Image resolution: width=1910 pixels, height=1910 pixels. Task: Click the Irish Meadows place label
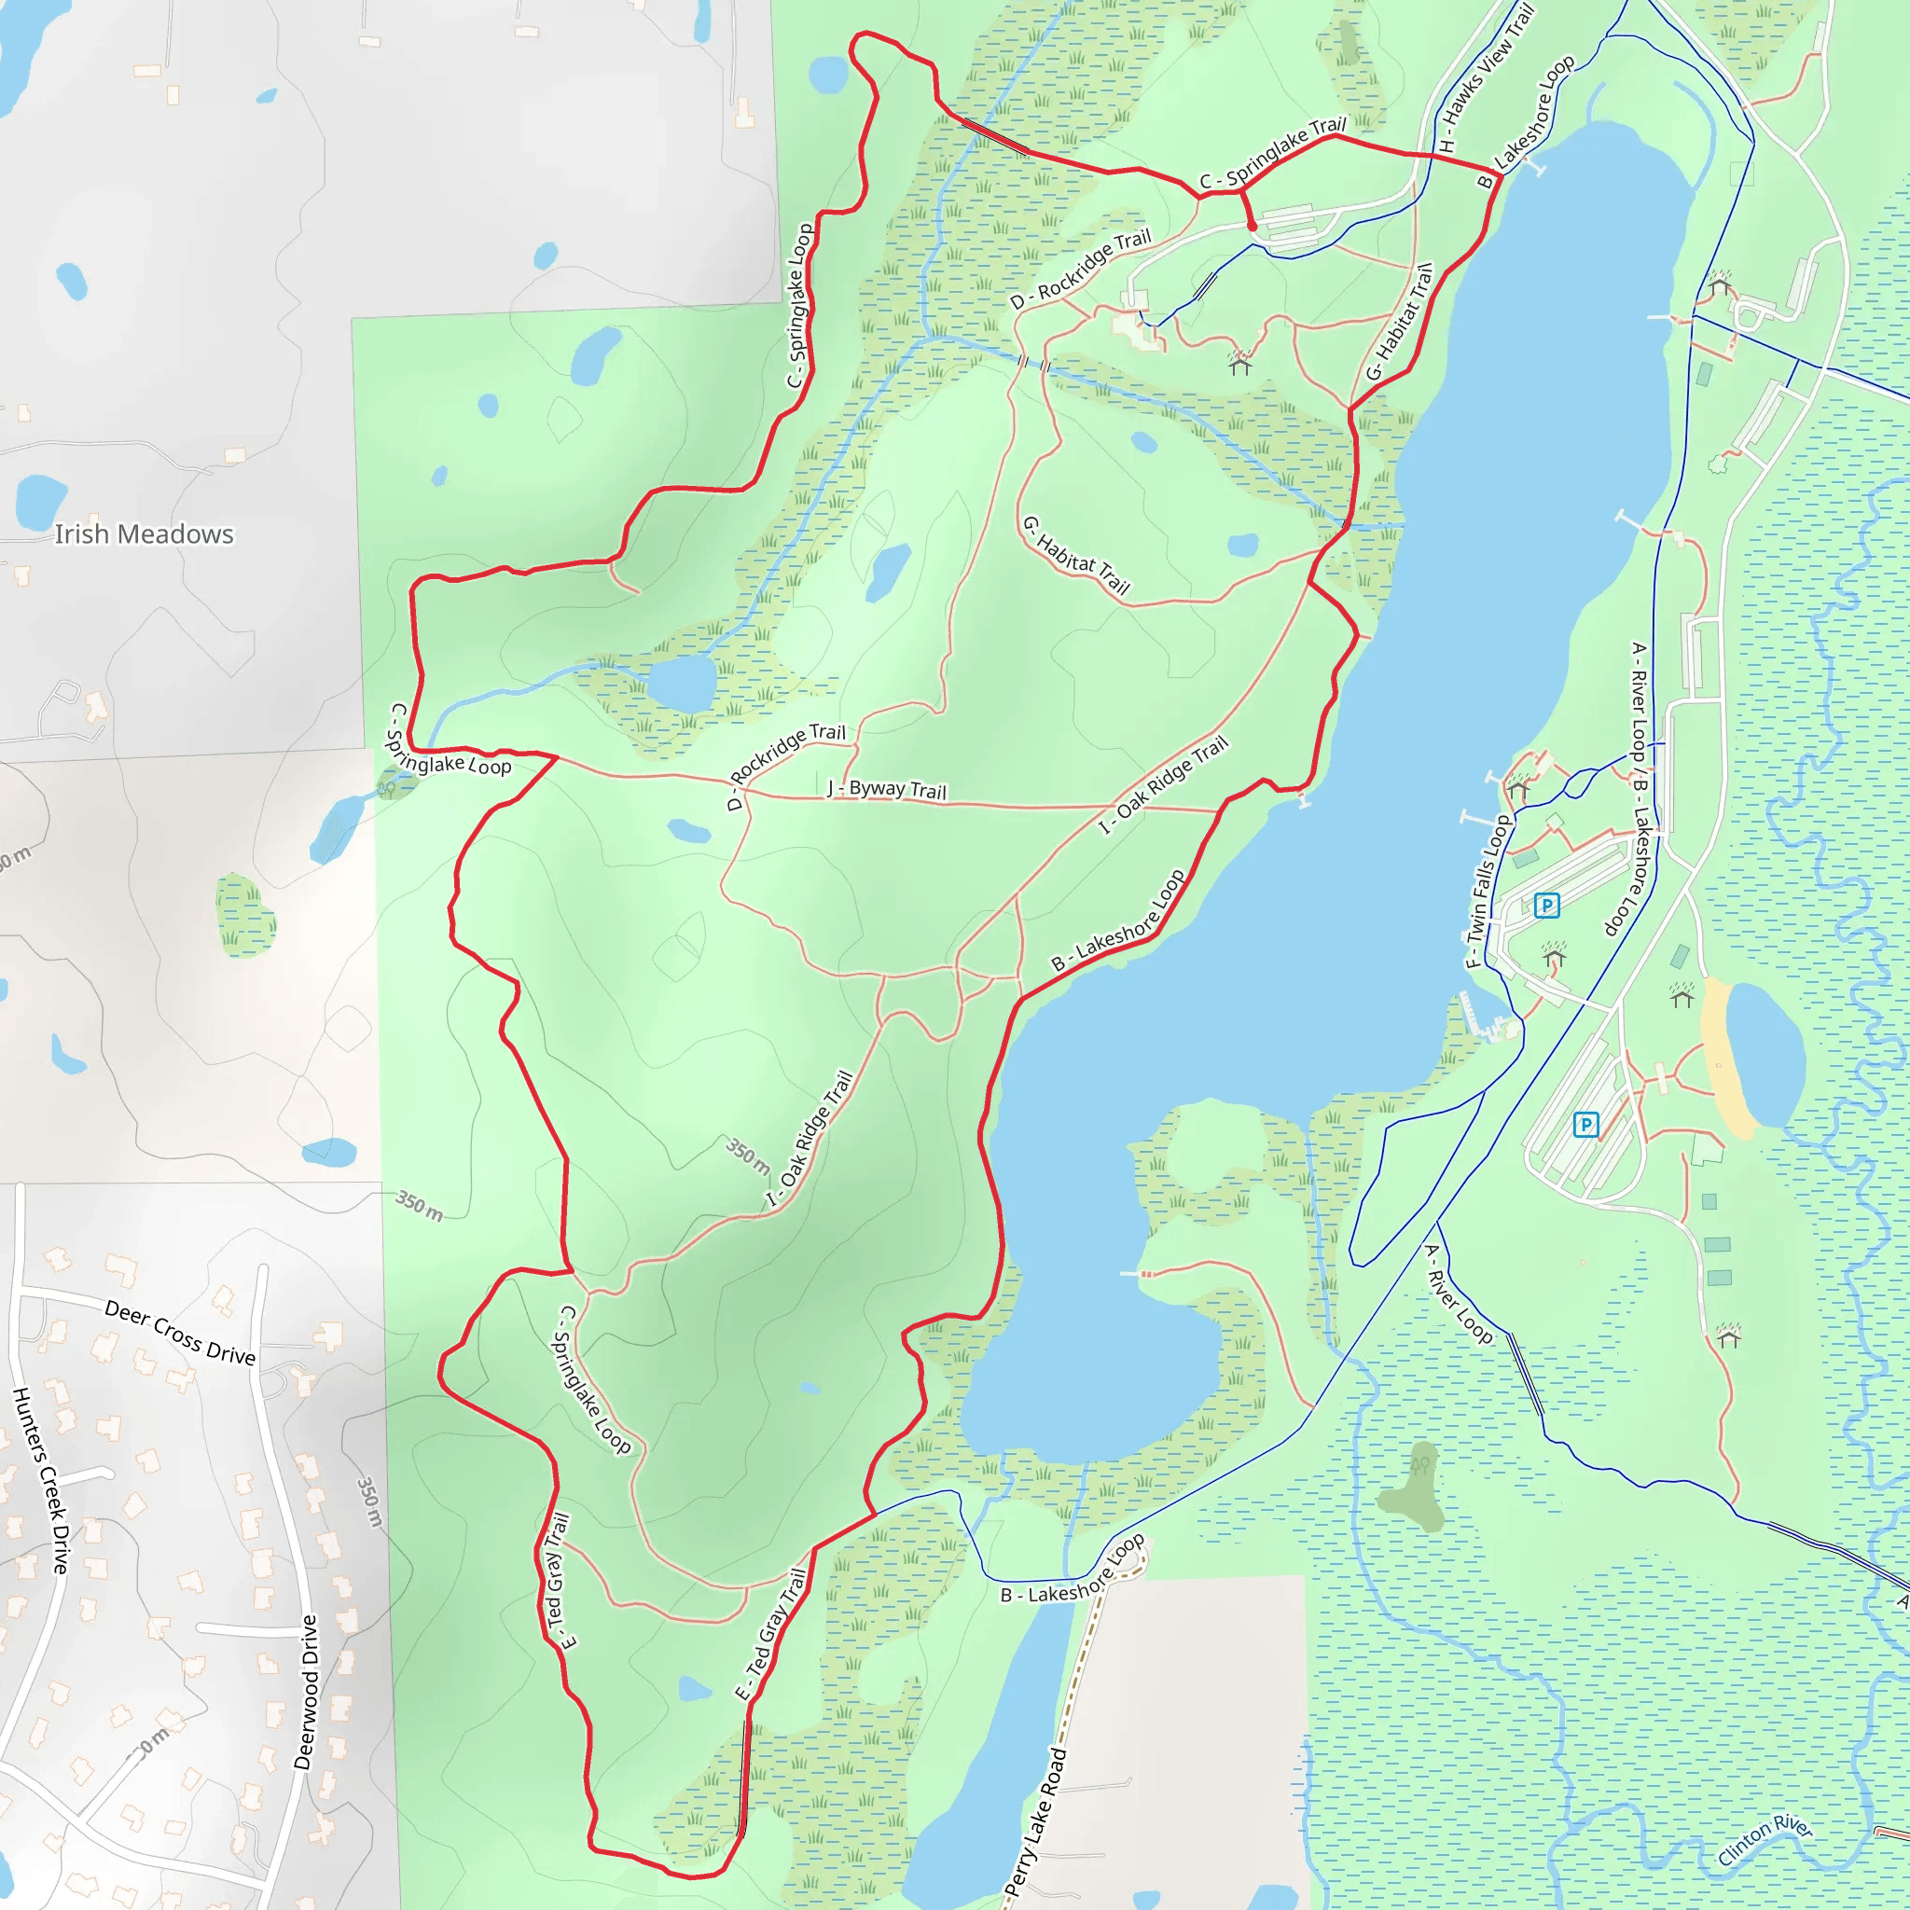[144, 534]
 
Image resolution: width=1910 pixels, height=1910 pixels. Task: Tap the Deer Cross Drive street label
[180, 1334]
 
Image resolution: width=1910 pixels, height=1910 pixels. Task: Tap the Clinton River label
[1765, 1840]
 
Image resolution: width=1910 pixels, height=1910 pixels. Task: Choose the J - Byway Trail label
[887, 789]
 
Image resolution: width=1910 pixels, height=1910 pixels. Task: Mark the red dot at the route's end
[1253, 227]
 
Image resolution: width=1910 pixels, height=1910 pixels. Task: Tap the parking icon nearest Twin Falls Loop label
[1546, 905]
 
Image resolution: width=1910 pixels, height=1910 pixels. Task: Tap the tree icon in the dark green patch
[1420, 1464]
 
